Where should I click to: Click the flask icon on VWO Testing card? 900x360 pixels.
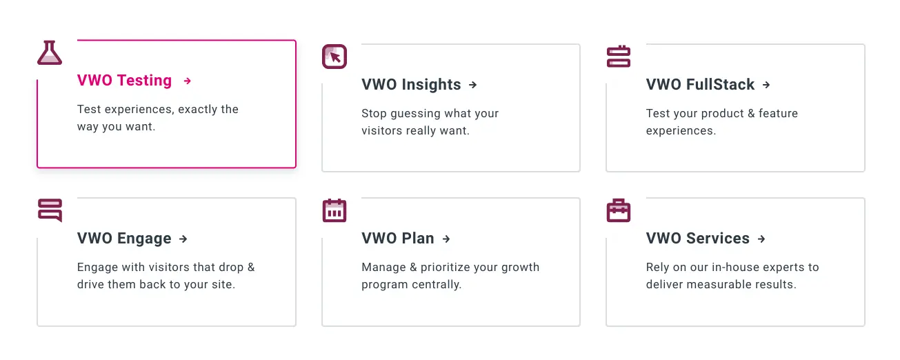pos(50,53)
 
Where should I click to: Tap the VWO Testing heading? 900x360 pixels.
pos(125,81)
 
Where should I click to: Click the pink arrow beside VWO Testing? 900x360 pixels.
pos(187,81)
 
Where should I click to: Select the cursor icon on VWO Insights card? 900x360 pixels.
pos(334,57)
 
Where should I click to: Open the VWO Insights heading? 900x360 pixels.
pos(411,85)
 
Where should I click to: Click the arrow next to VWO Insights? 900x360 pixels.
pos(472,85)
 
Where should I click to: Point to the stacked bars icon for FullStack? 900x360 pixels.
pos(619,57)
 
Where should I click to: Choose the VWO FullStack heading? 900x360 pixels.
pos(700,85)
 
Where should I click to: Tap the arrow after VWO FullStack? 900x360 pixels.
pos(766,85)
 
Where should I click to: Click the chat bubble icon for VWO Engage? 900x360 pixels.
pos(50,210)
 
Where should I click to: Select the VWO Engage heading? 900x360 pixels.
pos(124,239)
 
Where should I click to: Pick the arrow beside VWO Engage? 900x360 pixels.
pos(183,239)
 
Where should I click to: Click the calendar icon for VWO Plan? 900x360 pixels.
pos(334,210)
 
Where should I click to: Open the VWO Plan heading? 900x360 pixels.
pos(398,239)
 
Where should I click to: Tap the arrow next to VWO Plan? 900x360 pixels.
pos(446,239)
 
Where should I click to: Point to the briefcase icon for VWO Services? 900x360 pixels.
pos(619,210)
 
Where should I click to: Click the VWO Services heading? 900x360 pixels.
pos(697,239)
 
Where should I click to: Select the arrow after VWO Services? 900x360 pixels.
pos(761,239)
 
